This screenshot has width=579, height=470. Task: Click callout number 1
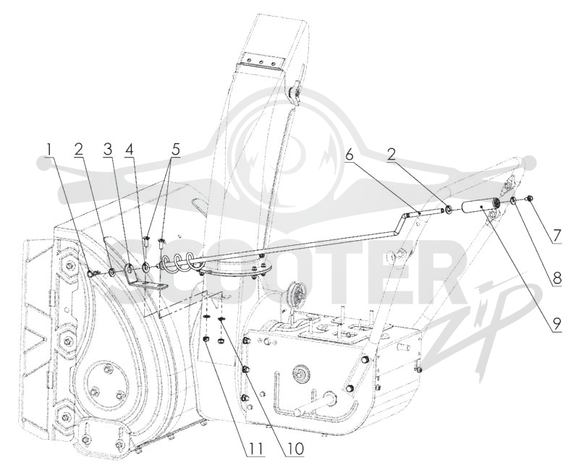click(x=48, y=150)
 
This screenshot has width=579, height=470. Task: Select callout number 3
click(x=107, y=150)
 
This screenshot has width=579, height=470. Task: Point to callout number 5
click(x=174, y=150)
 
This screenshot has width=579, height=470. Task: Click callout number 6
click(x=350, y=155)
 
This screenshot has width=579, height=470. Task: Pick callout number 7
click(x=557, y=235)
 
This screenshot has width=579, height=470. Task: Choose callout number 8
click(x=557, y=278)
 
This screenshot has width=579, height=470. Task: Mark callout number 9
click(x=557, y=325)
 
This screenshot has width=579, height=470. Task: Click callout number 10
click(x=294, y=449)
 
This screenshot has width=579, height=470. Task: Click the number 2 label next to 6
click(x=392, y=155)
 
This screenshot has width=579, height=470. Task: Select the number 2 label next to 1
click(x=79, y=150)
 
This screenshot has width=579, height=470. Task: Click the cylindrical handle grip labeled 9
click(x=478, y=208)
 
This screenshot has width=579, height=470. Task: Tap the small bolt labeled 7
click(x=530, y=198)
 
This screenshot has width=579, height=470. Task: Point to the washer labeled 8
click(x=514, y=201)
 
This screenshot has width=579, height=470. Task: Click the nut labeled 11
click(x=208, y=339)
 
